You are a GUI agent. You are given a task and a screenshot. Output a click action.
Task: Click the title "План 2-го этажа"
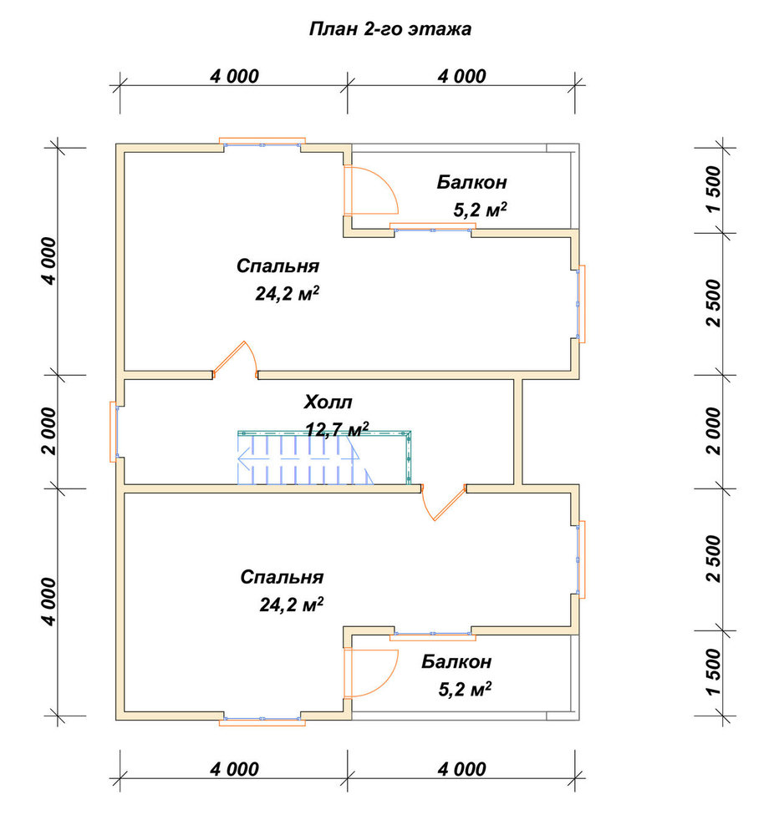389,28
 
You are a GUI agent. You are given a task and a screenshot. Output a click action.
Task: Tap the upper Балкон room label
471,182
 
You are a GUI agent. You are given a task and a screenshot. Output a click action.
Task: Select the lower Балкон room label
456,661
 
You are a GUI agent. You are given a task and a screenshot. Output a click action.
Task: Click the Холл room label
328,402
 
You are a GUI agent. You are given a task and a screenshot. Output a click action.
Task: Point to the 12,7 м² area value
338,428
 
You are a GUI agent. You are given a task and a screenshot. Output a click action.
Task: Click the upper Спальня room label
277,266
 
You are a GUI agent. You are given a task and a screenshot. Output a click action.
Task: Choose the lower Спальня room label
282,577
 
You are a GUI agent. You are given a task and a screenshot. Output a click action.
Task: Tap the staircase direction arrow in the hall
298,457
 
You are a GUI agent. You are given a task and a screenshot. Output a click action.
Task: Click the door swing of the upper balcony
371,190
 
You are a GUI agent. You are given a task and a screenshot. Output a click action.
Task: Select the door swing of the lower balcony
371,673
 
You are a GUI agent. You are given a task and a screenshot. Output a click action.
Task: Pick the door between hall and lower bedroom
444,502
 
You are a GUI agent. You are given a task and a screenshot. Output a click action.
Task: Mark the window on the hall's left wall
115,432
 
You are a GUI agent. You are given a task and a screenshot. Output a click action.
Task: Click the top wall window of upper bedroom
262,143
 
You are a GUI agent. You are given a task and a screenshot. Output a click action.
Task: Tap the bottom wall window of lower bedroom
262,721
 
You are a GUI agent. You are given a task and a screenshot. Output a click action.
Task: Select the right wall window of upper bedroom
580,304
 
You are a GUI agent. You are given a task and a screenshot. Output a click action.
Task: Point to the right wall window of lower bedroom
580,559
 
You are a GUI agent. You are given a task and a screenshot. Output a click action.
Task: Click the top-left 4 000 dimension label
235,77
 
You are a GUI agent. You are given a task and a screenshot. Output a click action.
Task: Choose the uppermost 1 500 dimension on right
714,189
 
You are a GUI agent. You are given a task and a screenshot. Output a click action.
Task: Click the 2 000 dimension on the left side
49,432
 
